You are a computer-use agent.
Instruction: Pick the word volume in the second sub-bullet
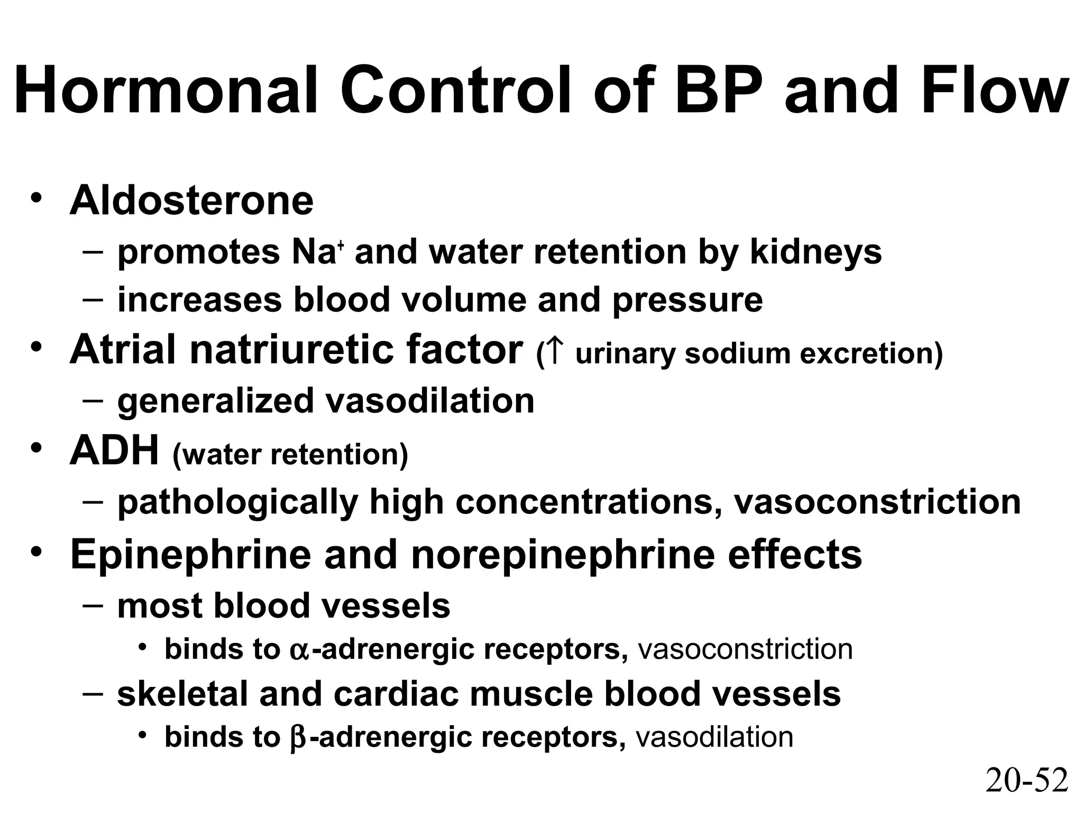tap(463, 300)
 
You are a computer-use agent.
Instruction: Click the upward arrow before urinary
tap(554, 353)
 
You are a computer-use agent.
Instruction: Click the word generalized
tap(215, 401)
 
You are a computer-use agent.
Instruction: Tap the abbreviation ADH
tap(114, 451)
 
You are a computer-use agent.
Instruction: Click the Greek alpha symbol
tap(299, 651)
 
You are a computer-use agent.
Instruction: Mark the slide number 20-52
tap(1026, 780)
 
